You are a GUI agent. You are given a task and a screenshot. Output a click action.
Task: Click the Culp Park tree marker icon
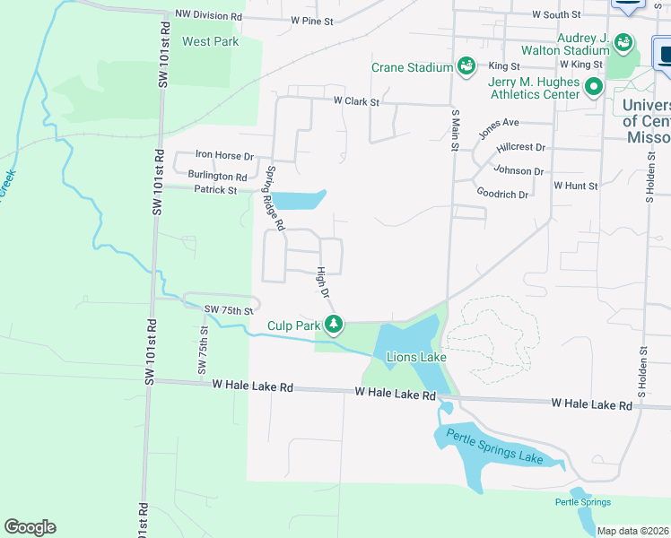[x=334, y=324]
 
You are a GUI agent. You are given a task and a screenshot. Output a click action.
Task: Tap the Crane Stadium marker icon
[x=466, y=65]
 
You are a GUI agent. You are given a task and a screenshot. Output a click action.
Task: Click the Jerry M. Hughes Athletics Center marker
[x=593, y=87]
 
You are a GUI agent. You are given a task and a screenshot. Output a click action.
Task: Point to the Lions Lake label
[x=416, y=357]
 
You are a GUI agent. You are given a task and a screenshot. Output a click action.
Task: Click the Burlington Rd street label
[x=217, y=177]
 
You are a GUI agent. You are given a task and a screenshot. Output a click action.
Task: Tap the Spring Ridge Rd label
[x=274, y=197]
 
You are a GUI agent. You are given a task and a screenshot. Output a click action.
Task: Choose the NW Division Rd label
[x=208, y=16]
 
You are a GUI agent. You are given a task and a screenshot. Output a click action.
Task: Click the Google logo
[x=30, y=527]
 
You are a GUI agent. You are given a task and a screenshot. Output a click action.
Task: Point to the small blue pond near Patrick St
[x=298, y=200]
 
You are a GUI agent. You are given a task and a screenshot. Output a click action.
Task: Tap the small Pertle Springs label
[x=582, y=502]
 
